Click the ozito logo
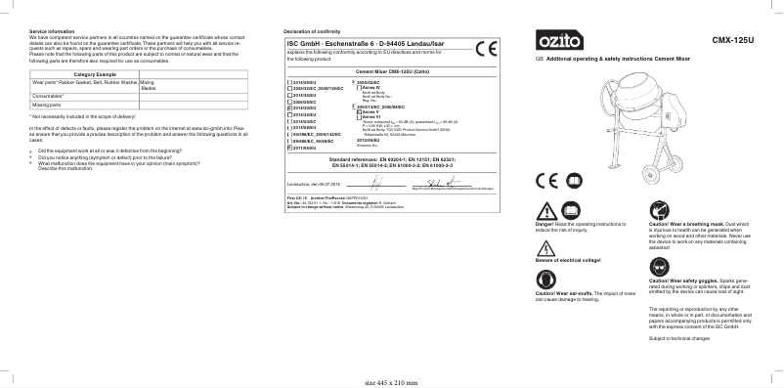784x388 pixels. pos(559,41)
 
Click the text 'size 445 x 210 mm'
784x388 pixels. pos(390,382)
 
